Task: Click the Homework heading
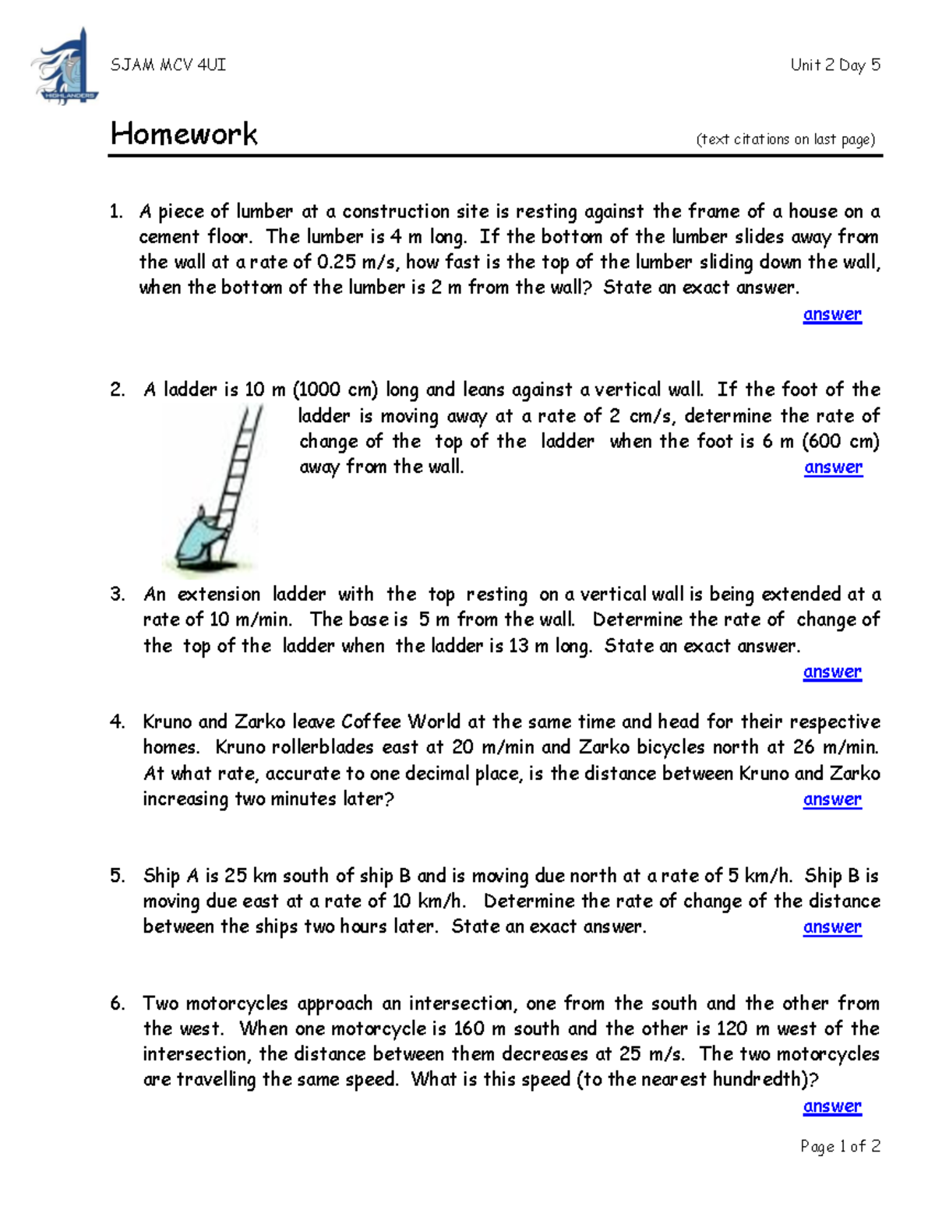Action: [184, 134]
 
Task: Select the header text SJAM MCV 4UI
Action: [168, 65]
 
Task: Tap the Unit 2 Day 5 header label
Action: [834, 65]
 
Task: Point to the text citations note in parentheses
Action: [785, 139]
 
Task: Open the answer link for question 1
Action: [832, 314]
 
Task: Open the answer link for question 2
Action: [833, 467]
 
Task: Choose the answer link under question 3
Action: [832, 672]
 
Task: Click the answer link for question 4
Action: [832, 799]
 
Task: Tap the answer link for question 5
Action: [832, 927]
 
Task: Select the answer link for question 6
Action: [832, 1106]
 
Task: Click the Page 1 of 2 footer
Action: [840, 1146]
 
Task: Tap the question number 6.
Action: [117, 1004]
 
